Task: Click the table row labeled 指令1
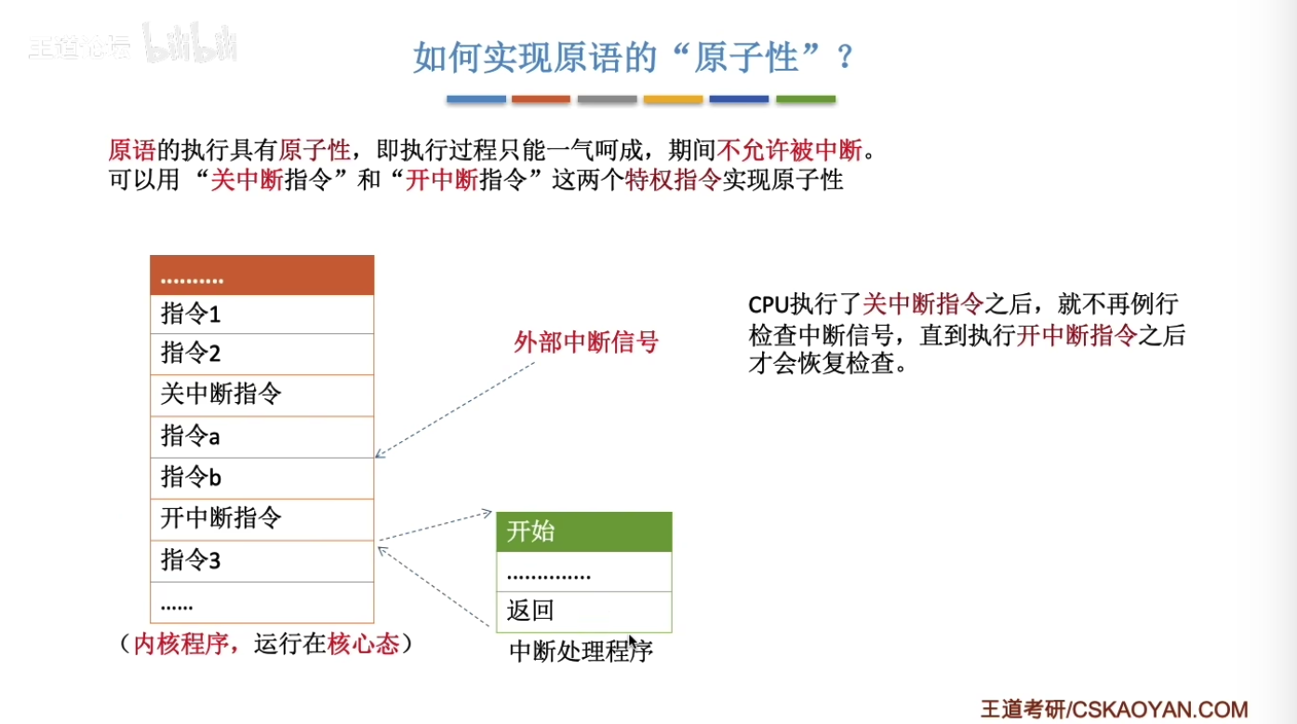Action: click(x=261, y=314)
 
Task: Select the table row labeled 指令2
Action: click(x=261, y=354)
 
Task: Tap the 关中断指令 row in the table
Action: click(x=261, y=395)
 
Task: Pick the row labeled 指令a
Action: click(x=261, y=436)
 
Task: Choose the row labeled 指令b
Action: click(x=261, y=477)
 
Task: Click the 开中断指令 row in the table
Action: click(x=261, y=519)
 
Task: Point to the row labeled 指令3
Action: click(x=261, y=560)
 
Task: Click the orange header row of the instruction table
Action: click(x=261, y=275)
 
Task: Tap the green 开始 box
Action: click(x=583, y=531)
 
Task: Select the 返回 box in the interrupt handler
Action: click(x=583, y=611)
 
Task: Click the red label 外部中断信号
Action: click(x=586, y=342)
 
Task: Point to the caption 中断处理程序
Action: click(x=581, y=651)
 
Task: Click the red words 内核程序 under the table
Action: click(x=181, y=644)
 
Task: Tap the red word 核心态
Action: click(x=363, y=644)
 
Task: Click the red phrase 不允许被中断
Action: click(x=790, y=150)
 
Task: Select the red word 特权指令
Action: click(x=673, y=180)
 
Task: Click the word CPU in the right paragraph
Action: click(x=769, y=304)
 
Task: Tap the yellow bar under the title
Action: click(x=673, y=99)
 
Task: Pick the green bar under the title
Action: click(x=806, y=99)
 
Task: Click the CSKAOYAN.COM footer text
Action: click(x=1158, y=709)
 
